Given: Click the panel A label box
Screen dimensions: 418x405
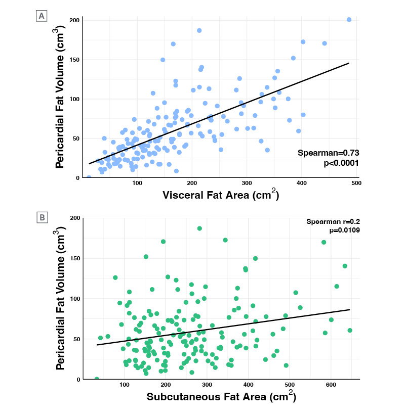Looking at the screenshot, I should tap(42, 16).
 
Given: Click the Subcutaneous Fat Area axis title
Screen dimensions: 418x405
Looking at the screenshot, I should tap(221, 396).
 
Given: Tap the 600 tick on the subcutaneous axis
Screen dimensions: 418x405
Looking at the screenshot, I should tap(331, 385).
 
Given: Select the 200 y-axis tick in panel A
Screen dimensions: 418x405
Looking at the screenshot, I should tap(74, 20).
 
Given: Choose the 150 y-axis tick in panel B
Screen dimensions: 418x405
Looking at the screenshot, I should tap(74, 258).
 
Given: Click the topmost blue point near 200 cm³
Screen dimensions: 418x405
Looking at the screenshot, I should tap(349, 20).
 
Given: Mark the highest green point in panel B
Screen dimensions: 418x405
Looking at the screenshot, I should tap(199, 228).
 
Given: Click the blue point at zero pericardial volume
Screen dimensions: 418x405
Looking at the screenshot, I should tap(89, 177).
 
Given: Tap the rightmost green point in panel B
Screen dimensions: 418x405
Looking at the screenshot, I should tap(350, 331).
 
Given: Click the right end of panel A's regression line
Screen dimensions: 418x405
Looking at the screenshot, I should tap(349, 63).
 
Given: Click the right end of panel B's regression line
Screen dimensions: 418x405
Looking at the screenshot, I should tap(350, 309).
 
